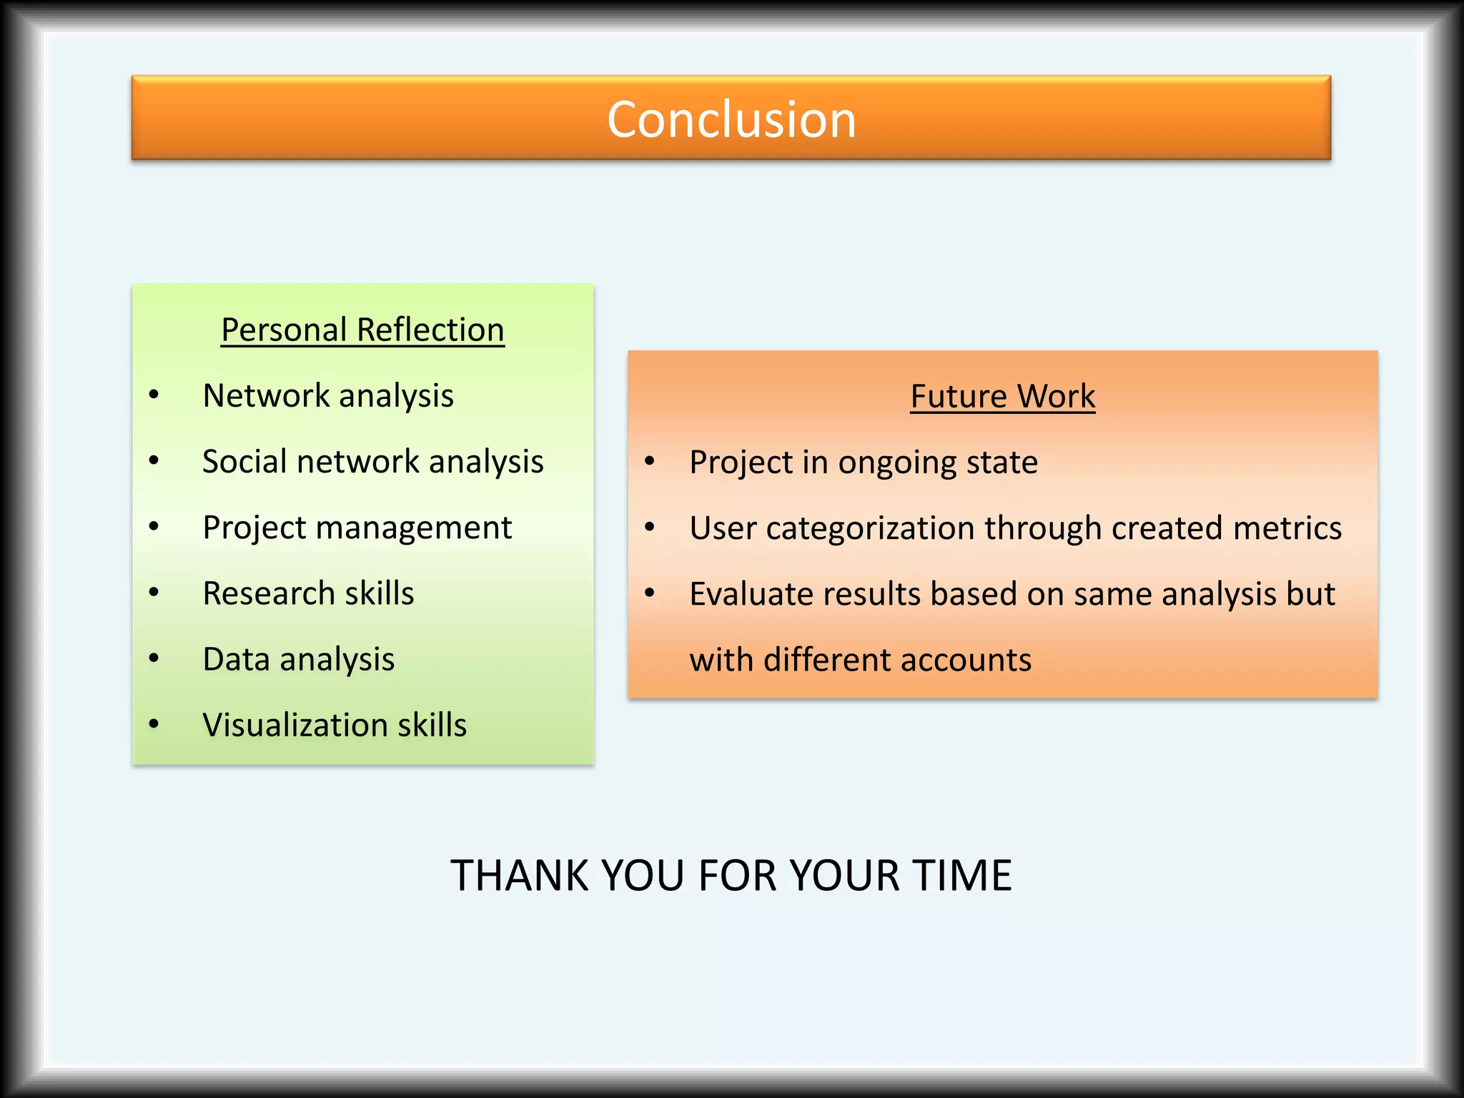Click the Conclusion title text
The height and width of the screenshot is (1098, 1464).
[731, 119]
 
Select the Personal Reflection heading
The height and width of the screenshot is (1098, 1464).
[362, 330]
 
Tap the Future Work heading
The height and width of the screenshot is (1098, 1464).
[1002, 397]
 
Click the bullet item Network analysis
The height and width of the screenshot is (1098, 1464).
[328, 396]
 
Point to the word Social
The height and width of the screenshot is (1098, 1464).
[244, 462]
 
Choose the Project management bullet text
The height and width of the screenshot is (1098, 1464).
[357, 528]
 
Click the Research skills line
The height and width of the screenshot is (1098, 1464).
[308, 594]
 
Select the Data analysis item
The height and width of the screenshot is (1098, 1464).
[298, 660]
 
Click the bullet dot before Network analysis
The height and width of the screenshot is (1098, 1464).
[154, 395]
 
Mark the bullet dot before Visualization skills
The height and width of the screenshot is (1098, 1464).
[154, 725]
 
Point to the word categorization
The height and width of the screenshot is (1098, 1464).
[870, 529]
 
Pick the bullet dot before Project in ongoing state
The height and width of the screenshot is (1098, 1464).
[649, 462]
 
